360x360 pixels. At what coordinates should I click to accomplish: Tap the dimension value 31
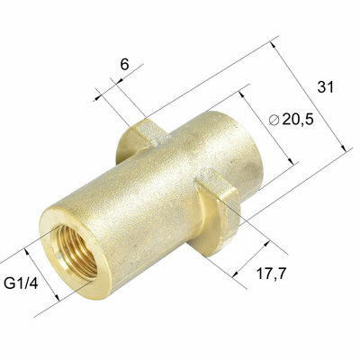point(326,86)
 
